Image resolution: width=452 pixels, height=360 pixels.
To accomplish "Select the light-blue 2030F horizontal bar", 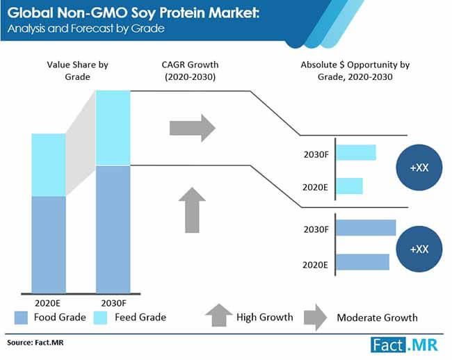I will [356, 152].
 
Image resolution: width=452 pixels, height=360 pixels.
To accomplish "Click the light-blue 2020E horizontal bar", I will [349, 186].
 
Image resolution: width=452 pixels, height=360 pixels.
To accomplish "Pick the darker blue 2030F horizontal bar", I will [366, 229].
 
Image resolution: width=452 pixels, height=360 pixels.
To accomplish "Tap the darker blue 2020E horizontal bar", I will [362, 262].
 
